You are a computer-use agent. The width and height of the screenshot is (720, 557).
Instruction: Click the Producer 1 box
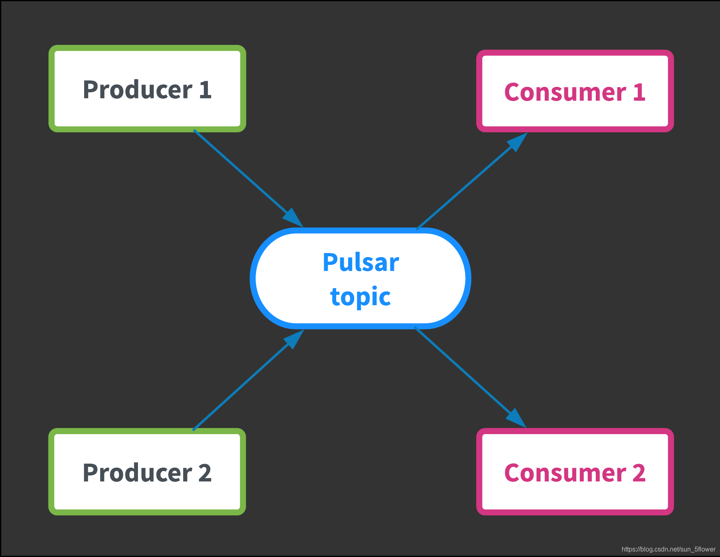click(147, 89)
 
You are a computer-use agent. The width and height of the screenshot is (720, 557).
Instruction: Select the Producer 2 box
click(147, 472)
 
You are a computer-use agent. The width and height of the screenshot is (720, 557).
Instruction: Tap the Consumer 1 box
click(575, 91)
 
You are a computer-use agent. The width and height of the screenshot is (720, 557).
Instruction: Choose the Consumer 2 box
click(575, 472)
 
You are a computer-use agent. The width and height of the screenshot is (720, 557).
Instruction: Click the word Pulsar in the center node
click(361, 262)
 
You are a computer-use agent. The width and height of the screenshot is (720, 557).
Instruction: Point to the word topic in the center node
click(360, 297)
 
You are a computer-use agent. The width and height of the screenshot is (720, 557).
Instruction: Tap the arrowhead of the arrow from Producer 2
click(294, 338)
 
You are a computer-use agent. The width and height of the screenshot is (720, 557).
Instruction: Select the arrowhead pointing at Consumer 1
click(517, 141)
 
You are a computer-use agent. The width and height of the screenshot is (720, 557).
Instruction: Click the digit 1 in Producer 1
click(205, 89)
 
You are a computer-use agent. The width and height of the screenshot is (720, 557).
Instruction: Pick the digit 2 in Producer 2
click(205, 473)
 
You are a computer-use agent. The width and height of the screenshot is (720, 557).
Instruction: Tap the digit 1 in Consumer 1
click(639, 92)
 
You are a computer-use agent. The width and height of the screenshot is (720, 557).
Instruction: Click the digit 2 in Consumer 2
click(639, 473)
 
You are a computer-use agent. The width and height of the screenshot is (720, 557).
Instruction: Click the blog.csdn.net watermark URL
click(668, 549)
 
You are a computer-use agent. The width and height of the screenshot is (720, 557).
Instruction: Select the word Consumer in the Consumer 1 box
click(565, 92)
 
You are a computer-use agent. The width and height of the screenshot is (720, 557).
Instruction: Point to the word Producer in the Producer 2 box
click(138, 473)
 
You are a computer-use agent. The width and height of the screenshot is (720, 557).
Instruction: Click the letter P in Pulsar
click(330, 262)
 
